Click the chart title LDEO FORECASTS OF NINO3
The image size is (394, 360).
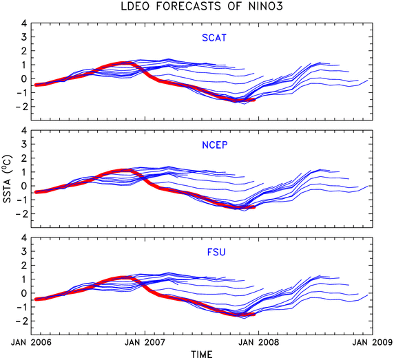tap(202, 6)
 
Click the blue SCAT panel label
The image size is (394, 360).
tap(214, 38)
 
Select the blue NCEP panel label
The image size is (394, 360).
tap(215, 145)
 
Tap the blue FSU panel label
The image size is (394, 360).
tap(216, 252)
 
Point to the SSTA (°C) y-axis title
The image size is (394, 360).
tap(8, 178)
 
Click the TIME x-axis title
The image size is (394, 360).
tap(202, 354)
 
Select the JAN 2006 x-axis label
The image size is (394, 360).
tap(31, 342)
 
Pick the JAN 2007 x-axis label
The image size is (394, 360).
tap(145, 342)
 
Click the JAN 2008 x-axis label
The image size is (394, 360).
tap(259, 342)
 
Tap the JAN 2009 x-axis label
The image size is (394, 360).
tap(373, 342)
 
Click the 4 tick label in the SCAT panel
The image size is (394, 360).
tap(24, 23)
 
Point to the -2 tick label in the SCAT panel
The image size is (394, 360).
tap(21, 107)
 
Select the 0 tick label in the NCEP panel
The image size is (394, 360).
tap(24, 186)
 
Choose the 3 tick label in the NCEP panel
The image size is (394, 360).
tap(24, 144)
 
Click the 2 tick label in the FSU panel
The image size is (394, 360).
tap(24, 265)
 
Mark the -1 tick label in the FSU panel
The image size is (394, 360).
tap(21, 307)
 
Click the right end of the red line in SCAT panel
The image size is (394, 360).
tap(255, 100)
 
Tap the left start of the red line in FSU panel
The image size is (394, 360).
tap(36, 299)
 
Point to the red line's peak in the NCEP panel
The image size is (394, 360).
tap(125, 171)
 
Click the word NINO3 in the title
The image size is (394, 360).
tap(266, 6)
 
